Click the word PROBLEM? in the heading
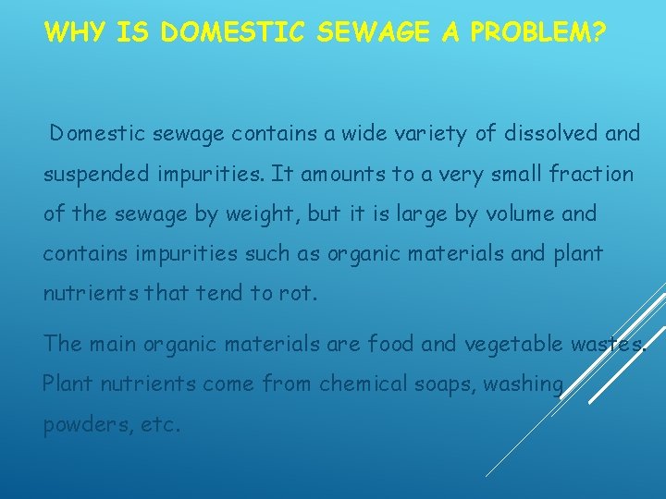pos(537,34)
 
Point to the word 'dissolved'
pos(550,134)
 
